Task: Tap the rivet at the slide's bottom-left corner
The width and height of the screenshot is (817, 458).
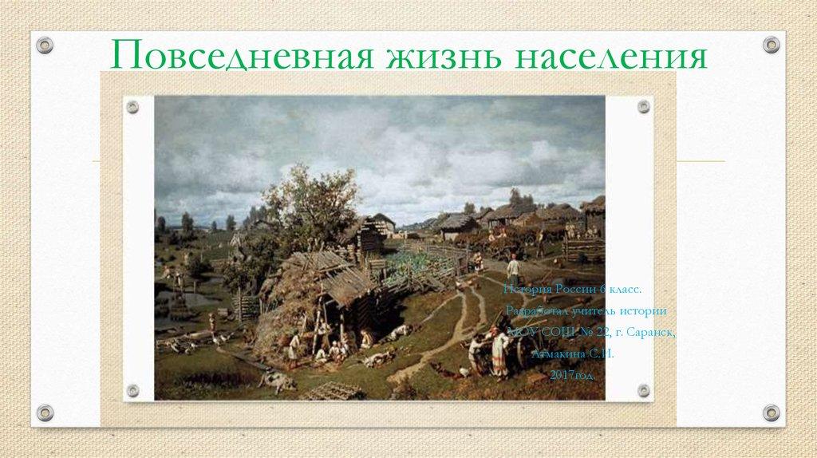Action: pos(45,413)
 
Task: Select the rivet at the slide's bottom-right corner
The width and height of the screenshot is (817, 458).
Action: pos(771,413)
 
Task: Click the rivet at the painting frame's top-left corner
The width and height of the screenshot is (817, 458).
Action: pos(132,106)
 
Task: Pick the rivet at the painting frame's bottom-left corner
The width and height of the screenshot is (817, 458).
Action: pos(132,390)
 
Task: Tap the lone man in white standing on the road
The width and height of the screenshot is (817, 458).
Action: pos(514,271)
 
